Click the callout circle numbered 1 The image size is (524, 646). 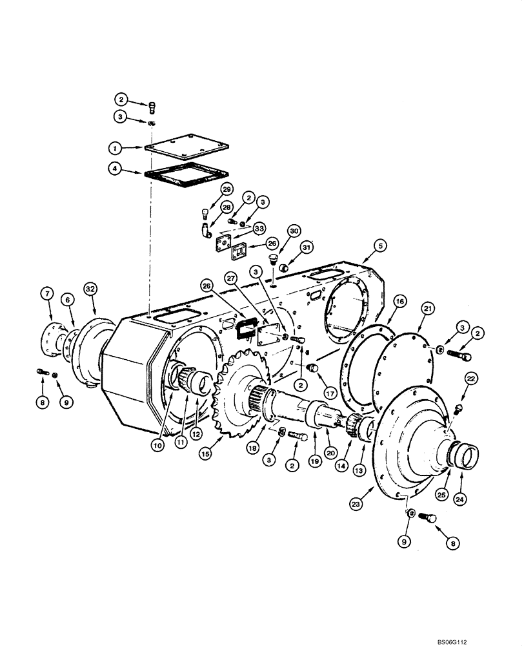115,148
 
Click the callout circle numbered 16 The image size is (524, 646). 399,301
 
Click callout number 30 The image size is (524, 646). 294,231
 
